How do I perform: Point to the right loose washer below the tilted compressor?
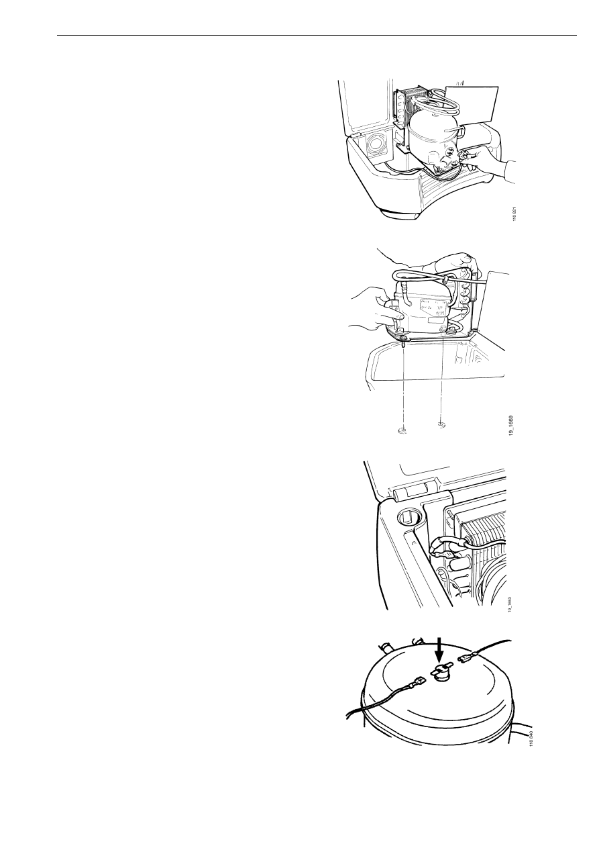tap(441, 424)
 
